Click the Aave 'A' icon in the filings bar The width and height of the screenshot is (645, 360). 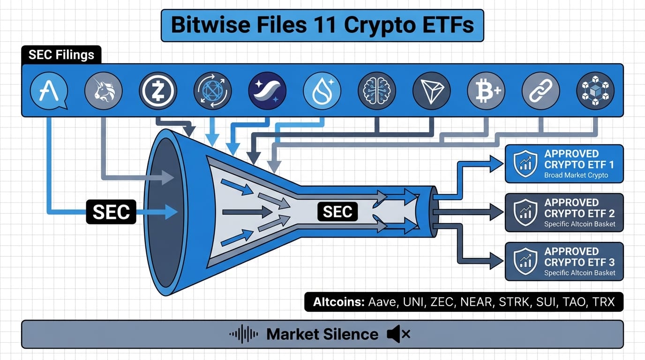49,91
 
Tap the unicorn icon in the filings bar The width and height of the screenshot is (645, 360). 103,91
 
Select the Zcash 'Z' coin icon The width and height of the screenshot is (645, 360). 158,91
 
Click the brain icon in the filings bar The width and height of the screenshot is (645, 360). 376,91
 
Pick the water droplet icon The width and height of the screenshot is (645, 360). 322,91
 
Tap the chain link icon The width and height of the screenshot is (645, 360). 540,91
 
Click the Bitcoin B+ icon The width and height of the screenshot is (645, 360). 486,91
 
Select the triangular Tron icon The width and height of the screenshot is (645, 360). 431,91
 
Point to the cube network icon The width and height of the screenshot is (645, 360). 595,91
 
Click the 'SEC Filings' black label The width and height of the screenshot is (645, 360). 61,55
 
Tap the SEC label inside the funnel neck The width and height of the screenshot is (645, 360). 337,212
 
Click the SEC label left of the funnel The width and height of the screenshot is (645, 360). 111,212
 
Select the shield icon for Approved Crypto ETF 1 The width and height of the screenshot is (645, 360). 525,164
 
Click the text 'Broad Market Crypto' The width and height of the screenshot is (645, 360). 576,175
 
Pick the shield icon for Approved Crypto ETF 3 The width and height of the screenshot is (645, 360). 525,261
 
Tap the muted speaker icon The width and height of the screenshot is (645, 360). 398,334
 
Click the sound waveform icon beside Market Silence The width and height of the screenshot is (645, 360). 244,334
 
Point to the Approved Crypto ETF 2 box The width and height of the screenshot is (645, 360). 564,212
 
